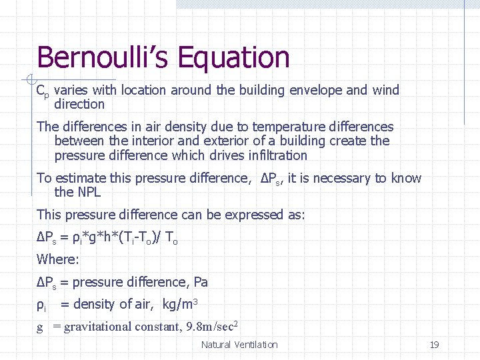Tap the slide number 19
pyautogui.click(x=434, y=345)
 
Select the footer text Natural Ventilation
pyautogui.click(x=239, y=345)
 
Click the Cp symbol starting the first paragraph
pyautogui.click(x=42, y=91)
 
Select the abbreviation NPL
pyautogui.click(x=87, y=192)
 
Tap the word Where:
pyautogui.click(x=58, y=259)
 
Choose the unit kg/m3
pyautogui.click(x=180, y=305)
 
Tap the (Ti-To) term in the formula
pyautogui.click(x=137, y=237)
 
